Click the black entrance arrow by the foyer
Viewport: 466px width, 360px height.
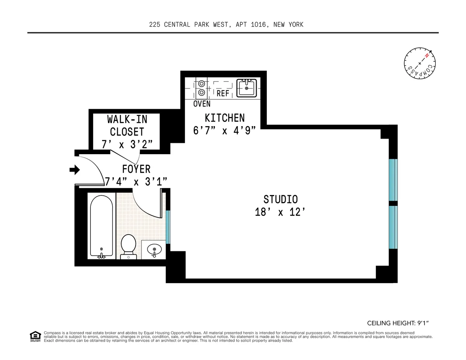tap(75, 170)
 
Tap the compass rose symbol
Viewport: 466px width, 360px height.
tap(419, 63)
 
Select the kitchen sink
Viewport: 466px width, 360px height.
tap(247, 88)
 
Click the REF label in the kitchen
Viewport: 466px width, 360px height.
tap(223, 94)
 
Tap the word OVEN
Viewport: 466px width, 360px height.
tap(202, 104)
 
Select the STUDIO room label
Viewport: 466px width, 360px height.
tap(280, 199)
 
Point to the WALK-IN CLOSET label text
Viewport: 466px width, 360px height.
tap(127, 125)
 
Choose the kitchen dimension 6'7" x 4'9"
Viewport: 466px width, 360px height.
tap(224, 130)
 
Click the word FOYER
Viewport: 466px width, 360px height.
tap(136, 169)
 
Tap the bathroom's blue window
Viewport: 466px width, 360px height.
tap(168, 227)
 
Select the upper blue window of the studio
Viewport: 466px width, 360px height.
tap(393, 180)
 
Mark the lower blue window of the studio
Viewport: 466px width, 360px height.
tap(393, 227)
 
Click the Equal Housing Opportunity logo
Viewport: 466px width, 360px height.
tap(35, 336)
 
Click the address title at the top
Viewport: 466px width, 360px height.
tap(226, 25)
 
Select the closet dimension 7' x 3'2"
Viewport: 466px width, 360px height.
tap(127, 144)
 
